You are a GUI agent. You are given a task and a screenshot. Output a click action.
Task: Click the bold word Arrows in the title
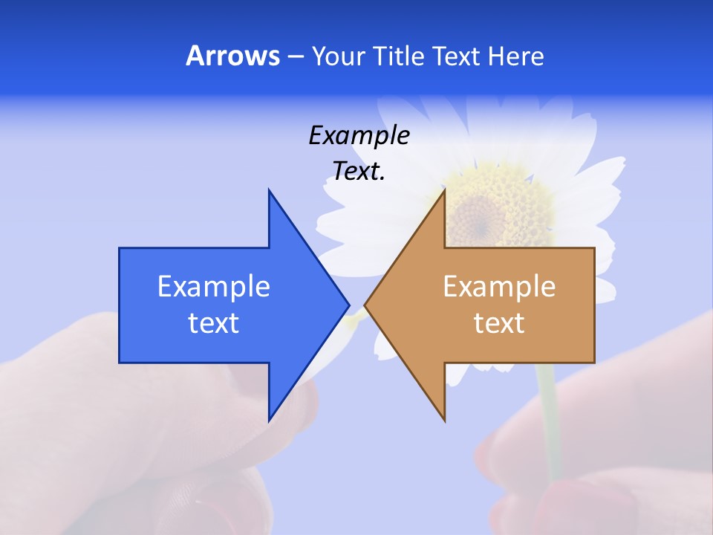click(x=232, y=56)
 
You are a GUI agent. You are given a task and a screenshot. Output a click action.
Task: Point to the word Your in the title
click(x=338, y=56)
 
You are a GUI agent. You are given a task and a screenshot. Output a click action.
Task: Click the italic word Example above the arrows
click(x=359, y=135)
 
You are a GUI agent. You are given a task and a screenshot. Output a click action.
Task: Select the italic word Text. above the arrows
click(x=359, y=172)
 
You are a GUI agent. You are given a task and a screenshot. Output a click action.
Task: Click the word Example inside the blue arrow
click(x=214, y=287)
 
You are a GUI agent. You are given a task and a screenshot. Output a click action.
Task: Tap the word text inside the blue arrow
click(x=214, y=323)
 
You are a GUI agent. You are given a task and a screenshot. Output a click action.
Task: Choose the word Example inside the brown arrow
click(x=499, y=287)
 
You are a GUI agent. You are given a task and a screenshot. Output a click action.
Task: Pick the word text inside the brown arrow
click(x=499, y=323)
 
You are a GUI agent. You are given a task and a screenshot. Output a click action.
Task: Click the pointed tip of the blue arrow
click(x=348, y=305)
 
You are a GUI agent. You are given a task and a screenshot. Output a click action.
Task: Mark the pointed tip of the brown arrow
click(x=365, y=305)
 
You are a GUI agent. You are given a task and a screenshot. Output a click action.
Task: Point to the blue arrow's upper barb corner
click(x=269, y=190)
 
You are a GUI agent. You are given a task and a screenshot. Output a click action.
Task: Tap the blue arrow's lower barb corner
click(x=269, y=421)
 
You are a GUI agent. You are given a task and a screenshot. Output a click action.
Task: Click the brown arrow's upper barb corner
click(x=444, y=190)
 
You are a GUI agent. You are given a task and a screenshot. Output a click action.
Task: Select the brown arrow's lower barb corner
click(x=444, y=421)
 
